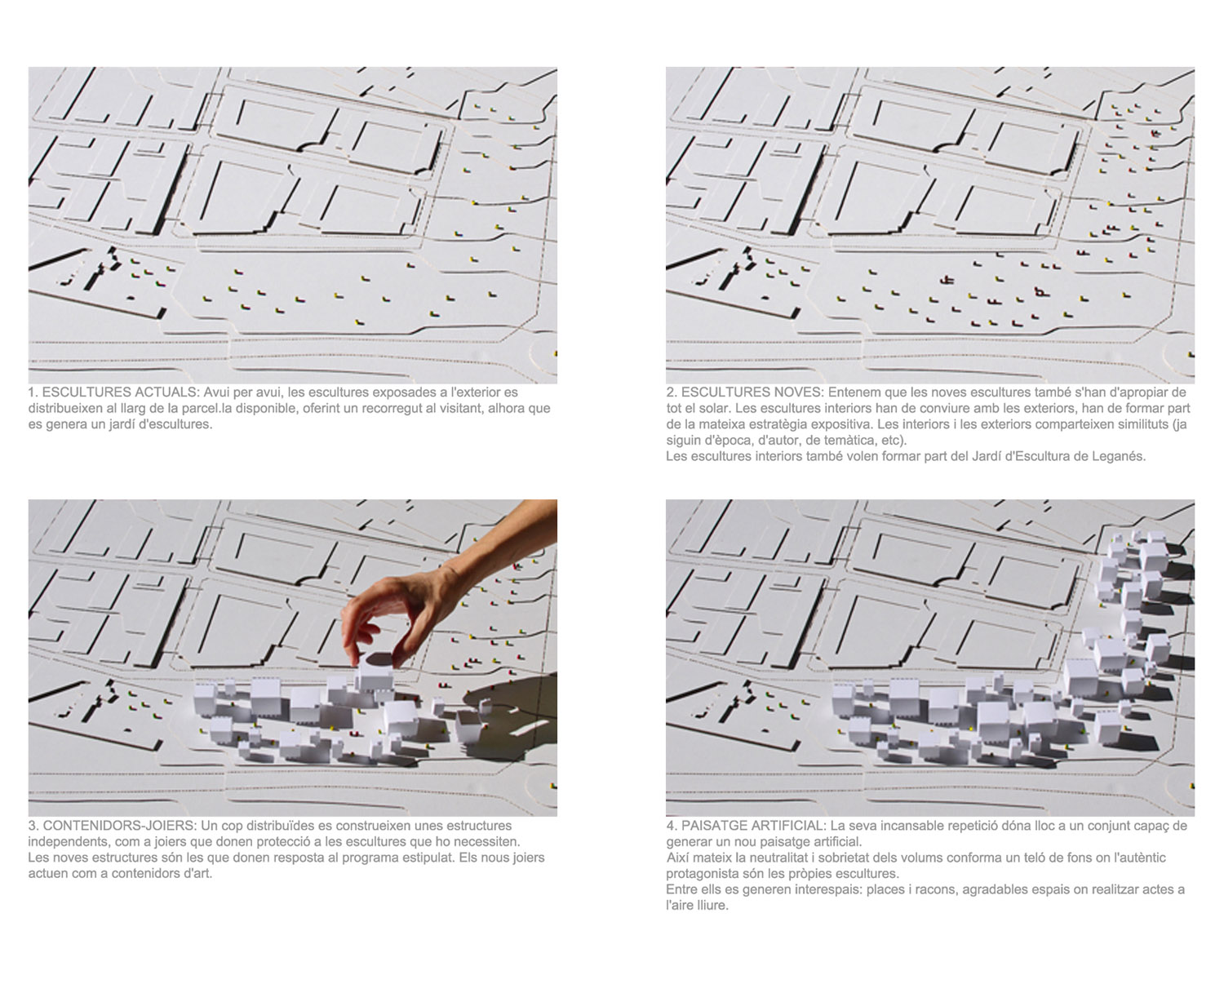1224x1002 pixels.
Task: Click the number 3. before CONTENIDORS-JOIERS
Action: [x=33, y=826]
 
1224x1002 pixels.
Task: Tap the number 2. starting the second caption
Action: [x=672, y=392]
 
